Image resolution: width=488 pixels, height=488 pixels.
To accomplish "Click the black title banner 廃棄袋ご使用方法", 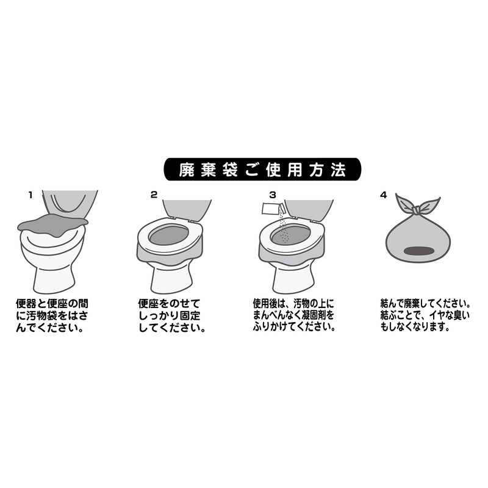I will point(262,169).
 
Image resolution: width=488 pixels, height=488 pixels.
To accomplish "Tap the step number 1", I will point(30,195).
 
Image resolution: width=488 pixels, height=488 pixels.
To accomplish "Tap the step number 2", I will point(154,195).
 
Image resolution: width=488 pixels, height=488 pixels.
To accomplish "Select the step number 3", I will point(273,195).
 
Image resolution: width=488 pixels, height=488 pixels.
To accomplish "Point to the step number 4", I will point(383,195).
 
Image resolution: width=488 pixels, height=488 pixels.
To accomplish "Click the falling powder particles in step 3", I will point(281,229).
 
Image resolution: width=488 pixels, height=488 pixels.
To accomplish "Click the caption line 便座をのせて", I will point(169,303).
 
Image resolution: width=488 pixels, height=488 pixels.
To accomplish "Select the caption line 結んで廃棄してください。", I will point(425,303).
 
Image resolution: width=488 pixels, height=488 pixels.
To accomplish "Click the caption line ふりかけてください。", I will point(294,326).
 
